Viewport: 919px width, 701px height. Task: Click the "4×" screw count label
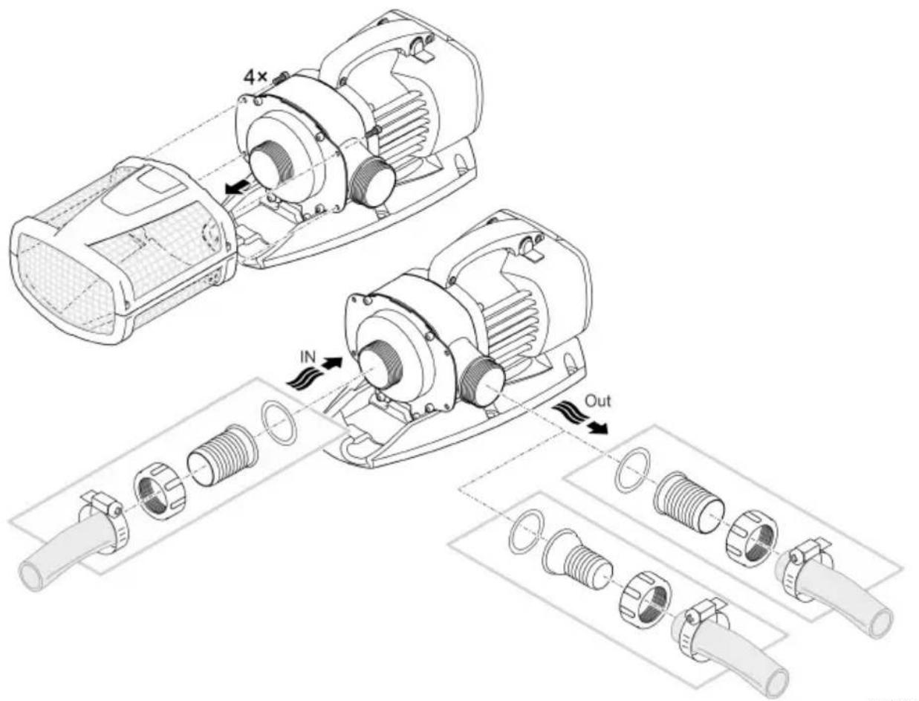click(255, 77)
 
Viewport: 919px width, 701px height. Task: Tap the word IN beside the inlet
click(308, 357)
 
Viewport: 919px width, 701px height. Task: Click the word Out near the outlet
click(598, 401)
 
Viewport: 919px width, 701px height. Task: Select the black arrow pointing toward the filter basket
click(238, 187)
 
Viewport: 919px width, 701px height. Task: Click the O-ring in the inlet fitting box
click(279, 421)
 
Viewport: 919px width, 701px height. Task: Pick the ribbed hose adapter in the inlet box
click(221, 456)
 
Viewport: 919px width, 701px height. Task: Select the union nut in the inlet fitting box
click(159, 491)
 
